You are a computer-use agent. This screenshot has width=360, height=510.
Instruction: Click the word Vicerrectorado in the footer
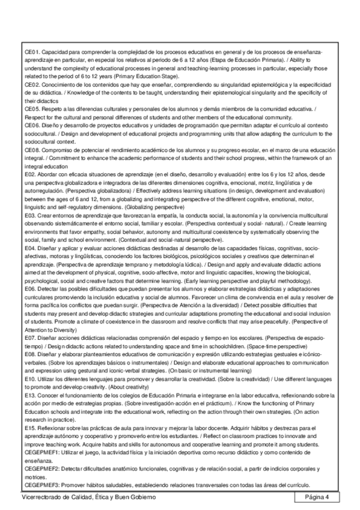[x=40, y=497]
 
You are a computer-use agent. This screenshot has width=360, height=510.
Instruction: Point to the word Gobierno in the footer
[x=141, y=497]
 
